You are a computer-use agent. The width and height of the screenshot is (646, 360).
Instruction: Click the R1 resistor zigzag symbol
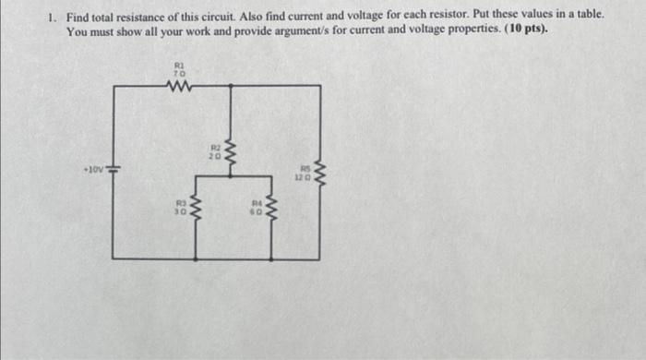pyautogui.click(x=179, y=87)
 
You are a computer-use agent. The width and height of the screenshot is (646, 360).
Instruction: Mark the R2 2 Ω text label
pyautogui.click(x=214, y=151)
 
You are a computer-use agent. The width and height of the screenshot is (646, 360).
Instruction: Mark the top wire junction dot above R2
pyautogui.click(x=229, y=87)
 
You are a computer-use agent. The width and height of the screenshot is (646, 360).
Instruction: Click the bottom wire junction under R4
pyautogui.click(x=271, y=258)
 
